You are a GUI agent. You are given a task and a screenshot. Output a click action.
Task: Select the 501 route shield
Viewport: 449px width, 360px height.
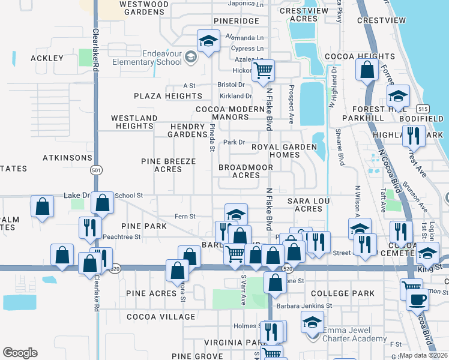pos(96,171)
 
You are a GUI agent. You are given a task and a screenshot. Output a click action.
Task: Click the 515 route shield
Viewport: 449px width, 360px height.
pos(422,108)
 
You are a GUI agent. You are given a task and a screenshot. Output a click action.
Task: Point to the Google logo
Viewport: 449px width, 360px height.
pos(20,353)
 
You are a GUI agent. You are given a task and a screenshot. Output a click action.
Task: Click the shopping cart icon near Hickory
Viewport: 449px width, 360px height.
pos(263,70)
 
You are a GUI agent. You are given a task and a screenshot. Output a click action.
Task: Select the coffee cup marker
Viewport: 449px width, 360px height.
pos(417,298)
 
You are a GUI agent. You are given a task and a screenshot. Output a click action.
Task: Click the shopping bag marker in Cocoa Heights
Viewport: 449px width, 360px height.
pos(366,70)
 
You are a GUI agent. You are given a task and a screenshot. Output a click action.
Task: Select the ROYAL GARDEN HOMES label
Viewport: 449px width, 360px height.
pos(276,151)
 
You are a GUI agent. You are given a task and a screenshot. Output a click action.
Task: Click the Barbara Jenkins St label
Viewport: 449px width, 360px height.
pos(304,306)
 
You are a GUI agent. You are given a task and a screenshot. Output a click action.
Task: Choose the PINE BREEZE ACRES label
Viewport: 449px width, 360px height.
pos(168,166)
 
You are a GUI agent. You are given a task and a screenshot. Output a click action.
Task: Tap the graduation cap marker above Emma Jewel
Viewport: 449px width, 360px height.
pos(312,322)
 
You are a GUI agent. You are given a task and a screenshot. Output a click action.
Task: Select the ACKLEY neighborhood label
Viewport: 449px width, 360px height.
pos(46,58)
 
